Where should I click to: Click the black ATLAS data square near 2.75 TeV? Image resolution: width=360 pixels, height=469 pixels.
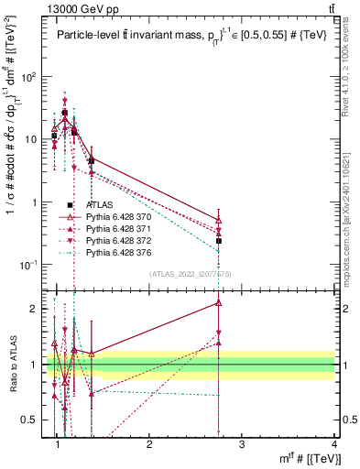tap(219, 241)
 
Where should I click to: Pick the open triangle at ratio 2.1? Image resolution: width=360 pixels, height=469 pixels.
tap(219, 302)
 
